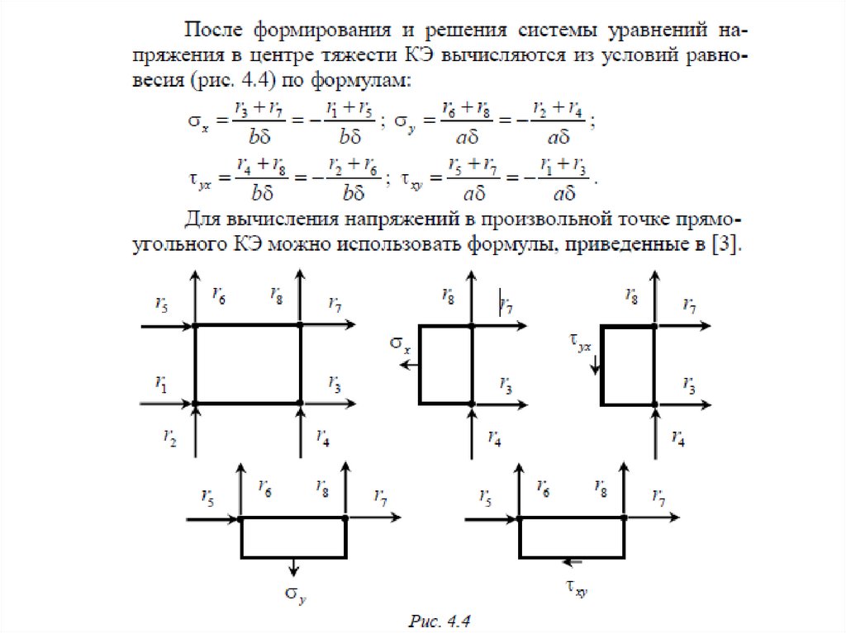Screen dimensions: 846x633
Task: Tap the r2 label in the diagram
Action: (x=170, y=438)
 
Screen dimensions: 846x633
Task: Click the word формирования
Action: (x=318, y=31)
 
